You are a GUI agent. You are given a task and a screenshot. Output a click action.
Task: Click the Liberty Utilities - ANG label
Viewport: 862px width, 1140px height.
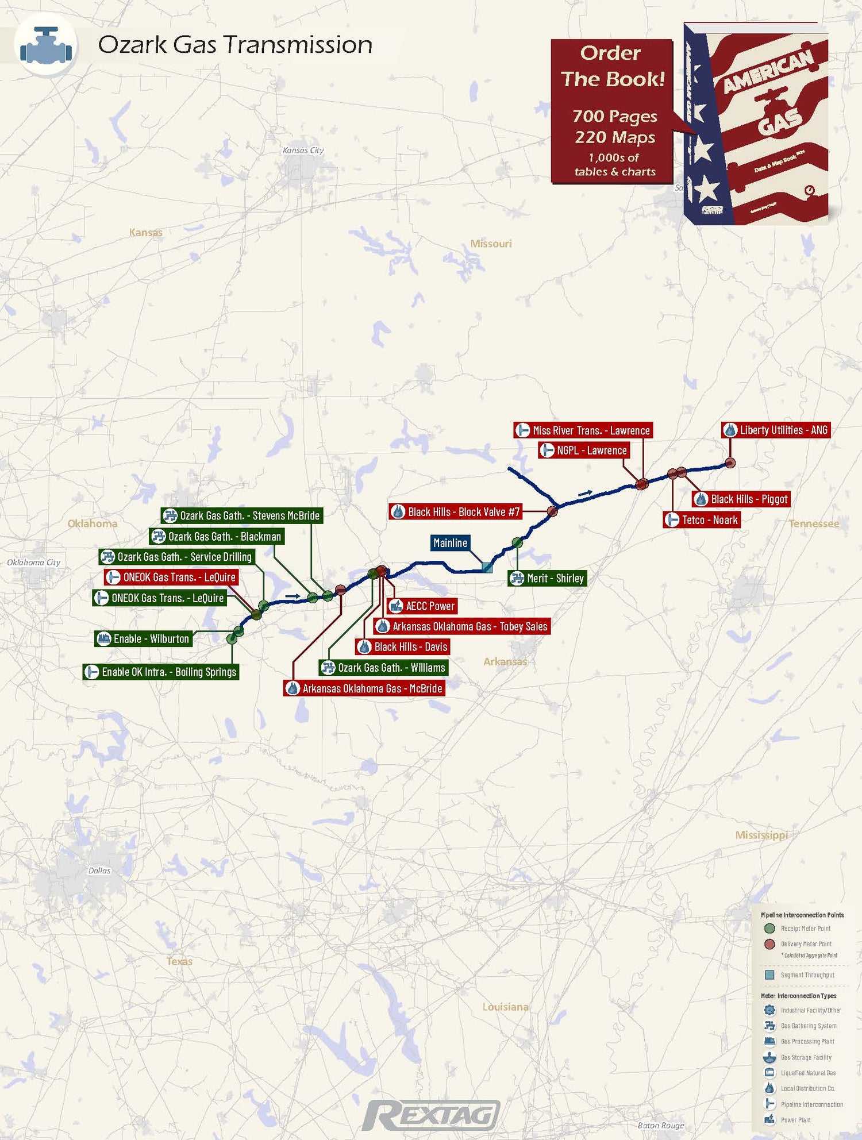776,430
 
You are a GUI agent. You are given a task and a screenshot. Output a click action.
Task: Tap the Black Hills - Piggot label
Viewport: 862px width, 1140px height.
741,499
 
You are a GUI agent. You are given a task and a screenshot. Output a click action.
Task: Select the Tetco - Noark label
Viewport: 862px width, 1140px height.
702,520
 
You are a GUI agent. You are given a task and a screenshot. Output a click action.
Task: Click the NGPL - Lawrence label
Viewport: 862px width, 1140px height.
584,450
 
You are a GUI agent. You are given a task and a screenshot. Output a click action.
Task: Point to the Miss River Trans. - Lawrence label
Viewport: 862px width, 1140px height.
583,430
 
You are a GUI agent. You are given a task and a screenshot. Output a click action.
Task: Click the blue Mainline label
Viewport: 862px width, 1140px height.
450,543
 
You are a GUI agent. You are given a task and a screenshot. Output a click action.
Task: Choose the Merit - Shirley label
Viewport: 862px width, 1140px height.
548,578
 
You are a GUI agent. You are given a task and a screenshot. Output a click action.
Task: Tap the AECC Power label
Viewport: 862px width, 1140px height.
422,606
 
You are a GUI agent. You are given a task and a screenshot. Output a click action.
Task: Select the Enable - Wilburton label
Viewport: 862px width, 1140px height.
143,639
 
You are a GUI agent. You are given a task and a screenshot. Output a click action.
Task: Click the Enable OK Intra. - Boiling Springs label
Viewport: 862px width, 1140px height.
161,672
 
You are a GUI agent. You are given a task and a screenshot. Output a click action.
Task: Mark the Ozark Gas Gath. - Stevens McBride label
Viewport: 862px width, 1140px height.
242,515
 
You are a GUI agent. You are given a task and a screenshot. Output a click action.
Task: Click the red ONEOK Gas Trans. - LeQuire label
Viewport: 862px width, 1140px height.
171,577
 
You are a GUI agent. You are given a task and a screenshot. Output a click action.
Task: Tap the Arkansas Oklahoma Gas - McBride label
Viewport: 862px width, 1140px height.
364,688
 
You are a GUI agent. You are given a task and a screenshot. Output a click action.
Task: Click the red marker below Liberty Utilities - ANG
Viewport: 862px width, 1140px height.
730,463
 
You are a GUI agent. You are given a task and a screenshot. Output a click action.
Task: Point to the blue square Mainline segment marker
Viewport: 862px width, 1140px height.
487,568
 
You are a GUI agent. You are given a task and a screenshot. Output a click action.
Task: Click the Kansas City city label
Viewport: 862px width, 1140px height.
303,151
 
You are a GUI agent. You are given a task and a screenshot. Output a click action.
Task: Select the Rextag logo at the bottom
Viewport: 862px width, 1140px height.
432,1115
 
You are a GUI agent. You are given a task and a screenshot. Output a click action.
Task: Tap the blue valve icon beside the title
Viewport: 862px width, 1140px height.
45,46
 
